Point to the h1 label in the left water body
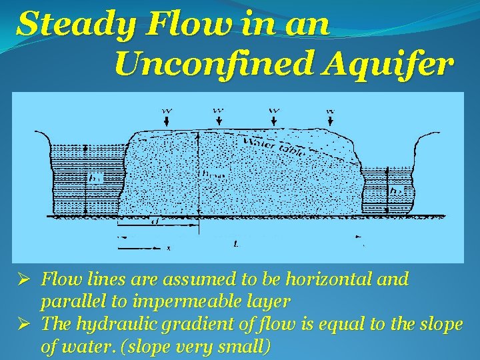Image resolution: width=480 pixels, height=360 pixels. pyautogui.click(x=95, y=178)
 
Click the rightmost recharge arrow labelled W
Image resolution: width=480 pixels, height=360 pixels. pyautogui.click(x=330, y=117)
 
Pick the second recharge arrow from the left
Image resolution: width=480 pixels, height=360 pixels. pyautogui.click(x=218, y=117)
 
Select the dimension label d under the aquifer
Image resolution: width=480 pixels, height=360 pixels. pyautogui.click(x=155, y=220)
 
